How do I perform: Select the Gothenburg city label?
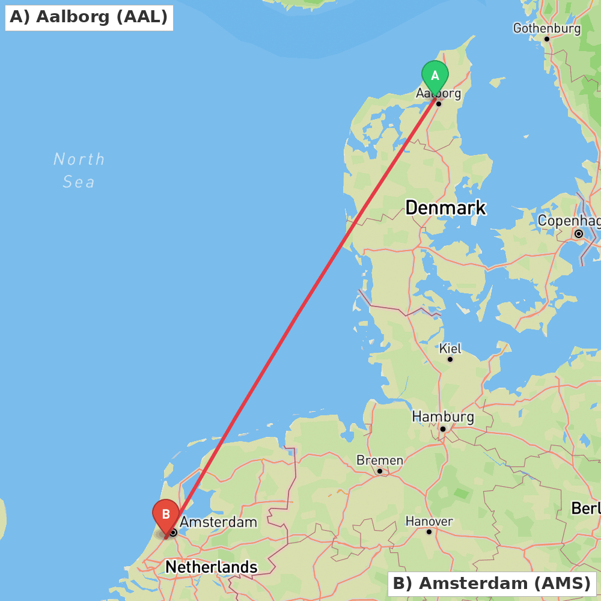point(546,28)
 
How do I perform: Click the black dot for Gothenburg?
point(547,39)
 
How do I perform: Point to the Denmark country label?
point(445,208)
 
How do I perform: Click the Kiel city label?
point(450,349)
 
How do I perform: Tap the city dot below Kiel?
point(450,359)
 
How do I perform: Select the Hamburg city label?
point(443,416)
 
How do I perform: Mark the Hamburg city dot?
point(443,429)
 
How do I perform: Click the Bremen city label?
point(380,460)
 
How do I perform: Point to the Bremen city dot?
point(380,471)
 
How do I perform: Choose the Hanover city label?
point(429,521)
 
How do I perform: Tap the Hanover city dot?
point(429,532)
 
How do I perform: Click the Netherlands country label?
point(212,567)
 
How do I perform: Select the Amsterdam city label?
point(218,522)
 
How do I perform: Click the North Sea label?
point(79,170)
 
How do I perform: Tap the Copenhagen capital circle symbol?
point(579,234)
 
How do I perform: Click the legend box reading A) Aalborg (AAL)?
point(89,17)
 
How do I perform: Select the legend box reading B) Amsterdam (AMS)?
point(492,583)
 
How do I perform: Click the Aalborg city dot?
point(439,104)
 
